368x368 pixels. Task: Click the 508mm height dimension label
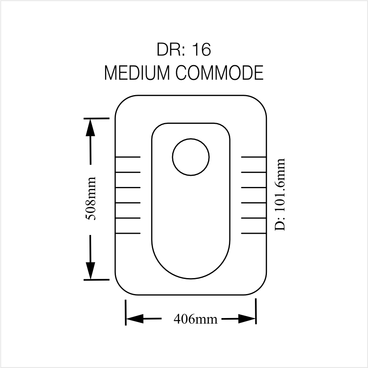click(91, 199)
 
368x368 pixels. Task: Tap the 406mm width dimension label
click(195, 319)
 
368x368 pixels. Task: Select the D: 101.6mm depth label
click(280, 195)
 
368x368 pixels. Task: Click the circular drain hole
click(191, 157)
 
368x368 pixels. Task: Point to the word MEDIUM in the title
click(137, 73)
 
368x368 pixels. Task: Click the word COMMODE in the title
click(219, 73)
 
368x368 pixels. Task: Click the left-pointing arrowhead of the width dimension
click(135, 319)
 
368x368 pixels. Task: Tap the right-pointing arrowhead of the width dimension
click(247, 319)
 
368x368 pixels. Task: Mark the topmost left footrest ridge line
click(128, 157)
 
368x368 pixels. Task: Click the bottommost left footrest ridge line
click(128, 233)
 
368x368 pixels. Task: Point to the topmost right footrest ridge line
click(254, 157)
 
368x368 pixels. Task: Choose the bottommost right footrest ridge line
click(254, 233)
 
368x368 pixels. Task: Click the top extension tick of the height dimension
click(96, 119)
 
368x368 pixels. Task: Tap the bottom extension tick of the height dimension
click(96, 280)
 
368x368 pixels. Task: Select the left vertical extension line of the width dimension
click(126, 312)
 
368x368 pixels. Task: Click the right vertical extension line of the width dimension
click(256, 311)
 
